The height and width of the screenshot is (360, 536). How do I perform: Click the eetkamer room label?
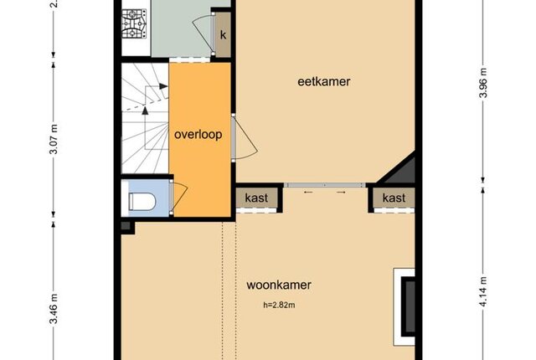(324, 82)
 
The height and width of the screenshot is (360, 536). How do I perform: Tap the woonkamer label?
(279, 285)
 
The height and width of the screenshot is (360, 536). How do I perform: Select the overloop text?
(198, 135)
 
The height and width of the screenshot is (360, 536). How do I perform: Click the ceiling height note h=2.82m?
(279, 305)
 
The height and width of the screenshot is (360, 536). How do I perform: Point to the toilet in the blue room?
(142, 202)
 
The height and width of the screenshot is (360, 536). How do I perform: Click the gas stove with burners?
(134, 23)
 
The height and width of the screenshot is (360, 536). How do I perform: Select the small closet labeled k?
(223, 35)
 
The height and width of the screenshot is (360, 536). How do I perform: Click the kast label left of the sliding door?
(256, 198)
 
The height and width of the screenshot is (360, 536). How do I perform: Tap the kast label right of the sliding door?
(394, 198)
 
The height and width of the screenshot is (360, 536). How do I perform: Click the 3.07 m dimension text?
(54, 139)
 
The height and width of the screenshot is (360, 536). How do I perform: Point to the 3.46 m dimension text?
(54, 309)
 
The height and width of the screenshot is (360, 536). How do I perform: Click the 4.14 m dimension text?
(483, 291)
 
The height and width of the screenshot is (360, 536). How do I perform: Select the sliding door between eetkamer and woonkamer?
(325, 185)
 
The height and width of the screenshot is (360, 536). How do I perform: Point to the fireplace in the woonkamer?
(405, 306)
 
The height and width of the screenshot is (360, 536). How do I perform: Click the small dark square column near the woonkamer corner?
(126, 226)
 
